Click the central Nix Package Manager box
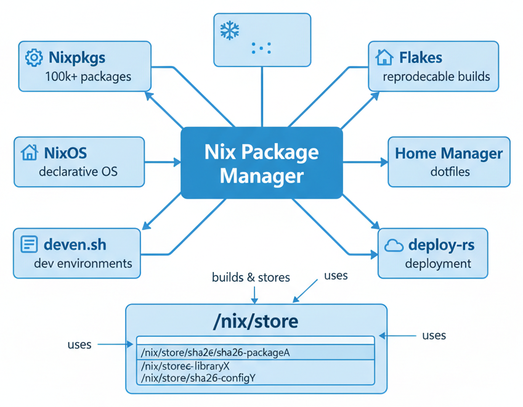point(261,163)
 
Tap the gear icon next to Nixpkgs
point(34,58)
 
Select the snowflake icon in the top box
point(230,30)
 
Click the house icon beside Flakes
point(384,57)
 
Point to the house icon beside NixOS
point(29,152)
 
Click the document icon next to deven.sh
point(29,244)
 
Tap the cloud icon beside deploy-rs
point(394,245)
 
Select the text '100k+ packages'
point(88,77)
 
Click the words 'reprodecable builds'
point(436,77)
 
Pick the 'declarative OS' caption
point(78,171)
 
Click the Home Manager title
point(448,153)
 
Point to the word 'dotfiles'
point(450,171)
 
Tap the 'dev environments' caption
point(83,263)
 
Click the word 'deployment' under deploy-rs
point(438,264)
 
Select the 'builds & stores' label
point(251,277)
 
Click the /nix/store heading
point(256,321)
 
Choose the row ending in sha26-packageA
point(215,353)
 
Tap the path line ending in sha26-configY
point(198,377)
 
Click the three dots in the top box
point(261,48)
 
